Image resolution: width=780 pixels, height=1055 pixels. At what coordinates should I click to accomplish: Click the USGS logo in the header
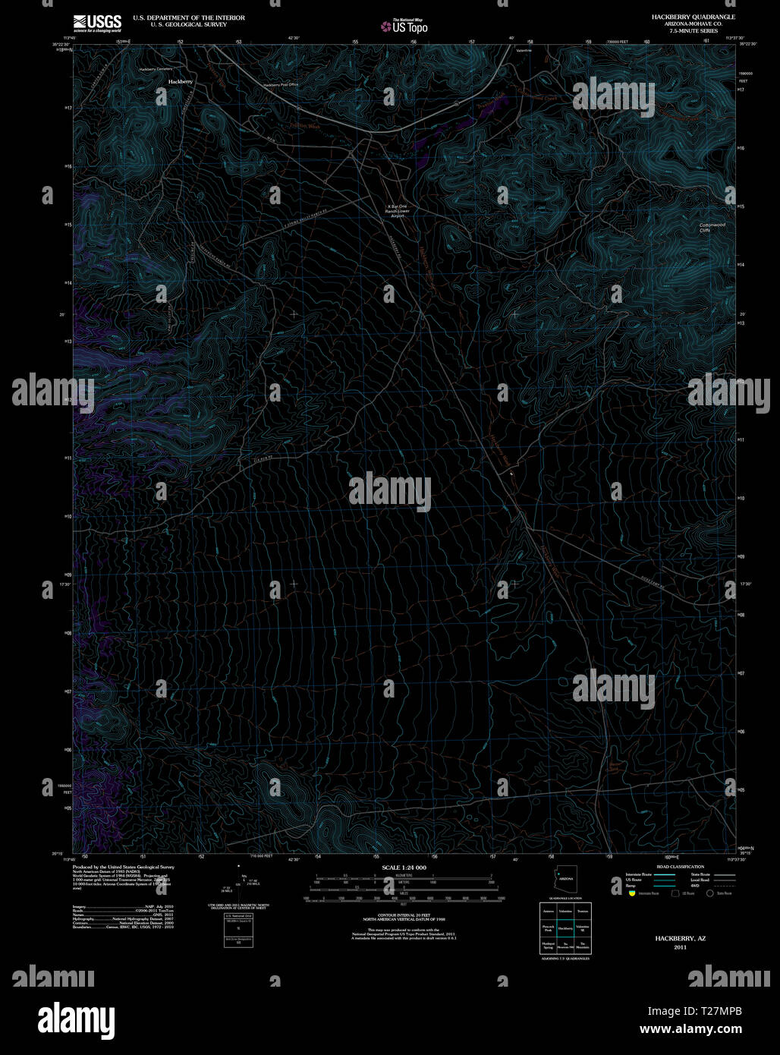tap(97, 23)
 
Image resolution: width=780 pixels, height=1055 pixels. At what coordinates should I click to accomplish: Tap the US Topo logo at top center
tap(405, 27)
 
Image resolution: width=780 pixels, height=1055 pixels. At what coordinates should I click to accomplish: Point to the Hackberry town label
tap(181, 81)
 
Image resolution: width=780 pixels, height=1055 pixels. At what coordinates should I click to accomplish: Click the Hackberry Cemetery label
tap(155, 69)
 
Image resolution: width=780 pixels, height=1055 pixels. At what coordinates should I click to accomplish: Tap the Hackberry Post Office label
tap(281, 85)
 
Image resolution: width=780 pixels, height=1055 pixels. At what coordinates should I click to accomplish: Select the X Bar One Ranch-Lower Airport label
tap(398, 211)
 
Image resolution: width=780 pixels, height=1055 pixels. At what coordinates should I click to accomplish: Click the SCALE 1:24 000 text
tap(404, 867)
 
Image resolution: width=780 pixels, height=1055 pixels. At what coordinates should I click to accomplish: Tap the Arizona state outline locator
tap(566, 877)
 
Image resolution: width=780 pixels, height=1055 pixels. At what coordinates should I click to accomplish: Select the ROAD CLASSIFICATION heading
tap(680, 867)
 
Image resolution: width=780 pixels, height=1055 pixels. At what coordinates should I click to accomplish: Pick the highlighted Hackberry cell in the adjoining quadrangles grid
tap(565, 927)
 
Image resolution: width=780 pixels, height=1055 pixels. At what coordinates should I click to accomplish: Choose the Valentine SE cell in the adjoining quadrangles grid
tap(583, 927)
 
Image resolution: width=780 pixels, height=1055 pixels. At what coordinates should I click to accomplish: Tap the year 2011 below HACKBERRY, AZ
tap(680, 946)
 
